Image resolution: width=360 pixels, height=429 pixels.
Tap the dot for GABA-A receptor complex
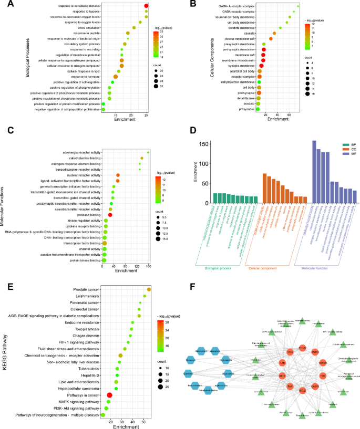tap(298, 6)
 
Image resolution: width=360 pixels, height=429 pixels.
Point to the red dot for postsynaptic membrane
tap(264, 49)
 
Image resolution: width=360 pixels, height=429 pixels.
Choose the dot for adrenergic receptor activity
tap(148, 153)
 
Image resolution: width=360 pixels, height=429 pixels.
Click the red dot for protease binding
tap(110, 215)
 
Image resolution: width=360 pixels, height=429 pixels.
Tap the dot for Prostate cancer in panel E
tap(149, 289)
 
